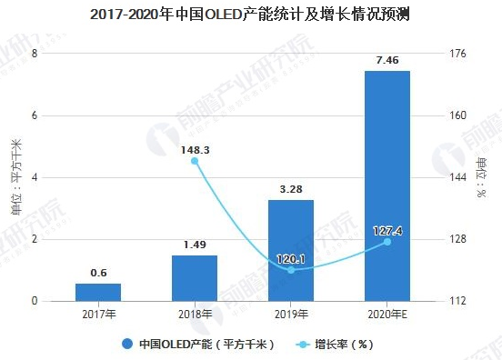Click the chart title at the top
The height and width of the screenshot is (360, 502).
click(250, 15)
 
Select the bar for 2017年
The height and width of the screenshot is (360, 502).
click(98, 292)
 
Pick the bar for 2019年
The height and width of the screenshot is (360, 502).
click(291, 250)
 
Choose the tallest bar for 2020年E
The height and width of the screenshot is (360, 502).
click(387, 185)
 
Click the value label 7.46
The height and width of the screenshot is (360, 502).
click(387, 61)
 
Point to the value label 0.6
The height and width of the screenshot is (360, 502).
click(98, 273)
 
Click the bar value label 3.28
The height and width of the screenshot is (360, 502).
click(291, 189)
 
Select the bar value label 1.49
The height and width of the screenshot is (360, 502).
click(195, 245)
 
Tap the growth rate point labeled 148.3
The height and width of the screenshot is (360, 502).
click(195, 161)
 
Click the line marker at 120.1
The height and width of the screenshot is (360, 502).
click(291, 270)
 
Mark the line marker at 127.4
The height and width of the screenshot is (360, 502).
click(387, 242)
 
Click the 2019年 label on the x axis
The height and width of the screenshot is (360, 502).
click(291, 315)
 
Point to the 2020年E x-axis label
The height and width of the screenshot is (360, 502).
click(387, 315)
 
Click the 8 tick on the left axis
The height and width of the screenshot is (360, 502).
click(35, 54)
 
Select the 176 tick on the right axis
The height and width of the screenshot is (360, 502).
click(458, 54)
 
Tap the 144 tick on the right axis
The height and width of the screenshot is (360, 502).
click(458, 177)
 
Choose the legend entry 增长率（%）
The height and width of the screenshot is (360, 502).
click(336, 344)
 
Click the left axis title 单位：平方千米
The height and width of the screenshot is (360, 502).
click(15, 177)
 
